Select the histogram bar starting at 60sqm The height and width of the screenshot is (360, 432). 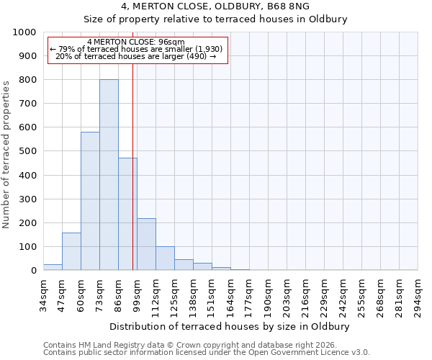90,202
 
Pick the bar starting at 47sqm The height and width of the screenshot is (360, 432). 71,252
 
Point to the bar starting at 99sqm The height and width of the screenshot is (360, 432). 146,245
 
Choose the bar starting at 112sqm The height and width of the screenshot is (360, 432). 165,258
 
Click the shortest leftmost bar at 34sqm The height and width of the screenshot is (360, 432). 53,267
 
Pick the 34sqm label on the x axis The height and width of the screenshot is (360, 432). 43,295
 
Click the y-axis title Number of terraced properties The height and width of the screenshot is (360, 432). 6,155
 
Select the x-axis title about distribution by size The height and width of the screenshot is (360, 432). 230,326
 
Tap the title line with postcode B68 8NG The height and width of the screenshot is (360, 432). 215,6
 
